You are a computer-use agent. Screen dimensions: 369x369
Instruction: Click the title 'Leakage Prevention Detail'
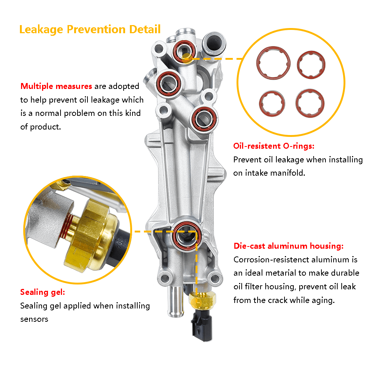coord(90,30)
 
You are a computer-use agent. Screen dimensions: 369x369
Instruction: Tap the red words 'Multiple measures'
coord(56,86)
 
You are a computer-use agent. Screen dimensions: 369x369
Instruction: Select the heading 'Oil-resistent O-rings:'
coord(274,146)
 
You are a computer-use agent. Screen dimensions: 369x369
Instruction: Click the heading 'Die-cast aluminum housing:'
coord(289,246)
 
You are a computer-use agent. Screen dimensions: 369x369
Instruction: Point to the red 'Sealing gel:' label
coord(42,292)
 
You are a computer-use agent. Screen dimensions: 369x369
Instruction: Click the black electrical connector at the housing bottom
coord(202,326)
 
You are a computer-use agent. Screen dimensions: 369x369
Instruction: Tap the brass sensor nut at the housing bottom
coord(202,300)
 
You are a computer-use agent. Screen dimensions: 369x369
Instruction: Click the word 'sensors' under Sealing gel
coord(34,319)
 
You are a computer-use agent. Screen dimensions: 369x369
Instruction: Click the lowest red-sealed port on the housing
coord(186,236)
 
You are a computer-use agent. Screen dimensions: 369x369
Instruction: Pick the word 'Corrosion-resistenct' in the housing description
coord(271,259)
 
